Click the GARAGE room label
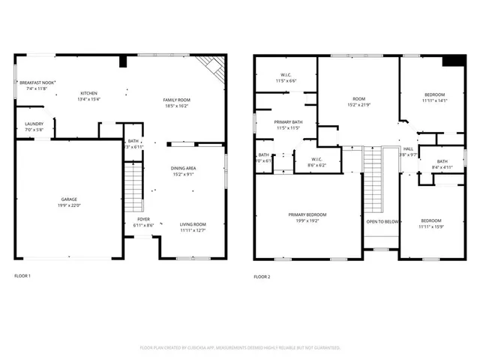click(x=68, y=199)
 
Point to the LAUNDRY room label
click(x=34, y=124)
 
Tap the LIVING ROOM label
click(x=193, y=224)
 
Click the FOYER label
click(x=143, y=219)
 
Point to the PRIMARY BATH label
click(x=288, y=121)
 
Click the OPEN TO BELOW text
click(x=382, y=221)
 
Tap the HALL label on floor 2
click(x=408, y=149)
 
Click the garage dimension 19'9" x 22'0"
click(x=68, y=206)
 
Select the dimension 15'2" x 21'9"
click(x=359, y=106)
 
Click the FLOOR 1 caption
click(x=22, y=276)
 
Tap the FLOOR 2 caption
click(x=262, y=277)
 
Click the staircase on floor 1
click(x=132, y=188)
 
